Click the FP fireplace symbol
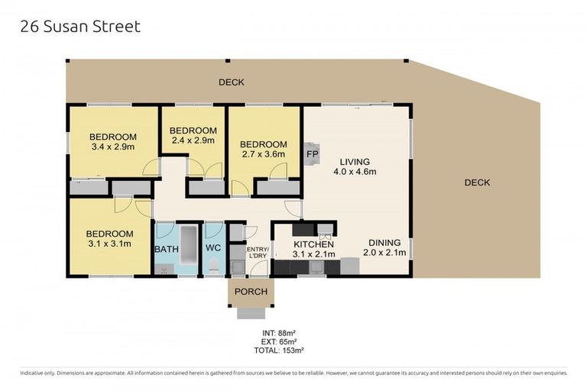(312, 153)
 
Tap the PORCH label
(251, 292)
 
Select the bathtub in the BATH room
(189, 245)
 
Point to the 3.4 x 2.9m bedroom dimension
(113, 147)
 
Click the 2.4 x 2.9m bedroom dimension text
(193, 141)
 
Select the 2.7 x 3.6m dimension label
(264, 154)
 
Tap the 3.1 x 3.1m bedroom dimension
(110, 244)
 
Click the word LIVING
(355, 162)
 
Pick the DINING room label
(384, 242)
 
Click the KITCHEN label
(313, 244)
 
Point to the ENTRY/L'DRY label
(257, 253)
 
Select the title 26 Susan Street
(80, 27)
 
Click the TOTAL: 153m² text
(278, 351)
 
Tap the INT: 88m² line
(279, 333)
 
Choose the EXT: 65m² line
(279, 341)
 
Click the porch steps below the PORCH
(251, 313)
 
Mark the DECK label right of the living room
(477, 183)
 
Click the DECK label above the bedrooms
(232, 82)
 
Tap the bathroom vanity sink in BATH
(164, 269)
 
